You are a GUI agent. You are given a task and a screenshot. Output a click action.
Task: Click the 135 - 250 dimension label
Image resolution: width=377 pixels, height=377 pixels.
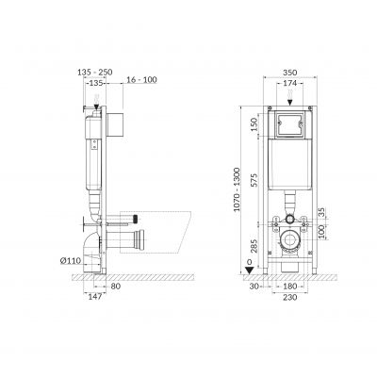point(95,73)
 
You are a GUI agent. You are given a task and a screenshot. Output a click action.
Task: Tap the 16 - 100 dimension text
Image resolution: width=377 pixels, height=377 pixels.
point(141,80)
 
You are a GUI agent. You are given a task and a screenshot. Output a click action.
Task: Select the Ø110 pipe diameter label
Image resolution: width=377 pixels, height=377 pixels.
point(71,260)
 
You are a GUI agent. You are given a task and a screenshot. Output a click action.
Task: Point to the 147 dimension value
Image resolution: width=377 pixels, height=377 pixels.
point(94,296)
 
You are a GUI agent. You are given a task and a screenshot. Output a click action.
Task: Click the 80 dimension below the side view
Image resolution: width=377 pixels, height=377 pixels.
point(116,287)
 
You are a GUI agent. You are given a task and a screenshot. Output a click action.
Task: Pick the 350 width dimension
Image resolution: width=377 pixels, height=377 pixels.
point(289,73)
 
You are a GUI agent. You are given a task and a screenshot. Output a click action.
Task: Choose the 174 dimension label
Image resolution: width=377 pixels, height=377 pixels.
point(289,83)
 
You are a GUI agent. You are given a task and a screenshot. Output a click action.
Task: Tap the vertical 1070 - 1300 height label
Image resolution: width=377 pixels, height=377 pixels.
point(237,189)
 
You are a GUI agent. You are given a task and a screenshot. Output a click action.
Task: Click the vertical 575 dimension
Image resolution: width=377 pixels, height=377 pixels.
point(254,180)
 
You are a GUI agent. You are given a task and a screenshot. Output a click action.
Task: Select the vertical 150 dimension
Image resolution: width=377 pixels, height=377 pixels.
point(254,124)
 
